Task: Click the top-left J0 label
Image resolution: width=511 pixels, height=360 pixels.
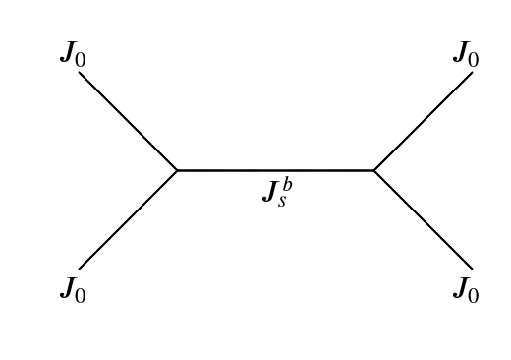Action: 72,54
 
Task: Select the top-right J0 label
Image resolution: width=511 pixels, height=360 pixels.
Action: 466,54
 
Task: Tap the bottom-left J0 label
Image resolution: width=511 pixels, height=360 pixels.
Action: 72,289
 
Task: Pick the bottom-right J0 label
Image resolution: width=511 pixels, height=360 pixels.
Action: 466,289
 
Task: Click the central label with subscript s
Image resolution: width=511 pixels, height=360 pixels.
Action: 276,191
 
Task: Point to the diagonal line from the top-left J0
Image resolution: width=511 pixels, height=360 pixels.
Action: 128,121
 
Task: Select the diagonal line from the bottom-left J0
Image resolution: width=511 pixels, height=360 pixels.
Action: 128,219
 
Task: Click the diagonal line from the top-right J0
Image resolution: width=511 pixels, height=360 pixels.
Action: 424,121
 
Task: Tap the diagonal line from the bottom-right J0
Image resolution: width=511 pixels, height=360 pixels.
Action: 424,219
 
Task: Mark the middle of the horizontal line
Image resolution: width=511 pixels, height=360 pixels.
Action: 275,170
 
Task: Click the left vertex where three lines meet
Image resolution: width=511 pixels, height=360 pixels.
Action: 177,170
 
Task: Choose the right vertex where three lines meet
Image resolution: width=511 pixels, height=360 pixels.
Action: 373,170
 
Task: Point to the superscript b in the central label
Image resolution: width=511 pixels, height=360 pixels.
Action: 287,183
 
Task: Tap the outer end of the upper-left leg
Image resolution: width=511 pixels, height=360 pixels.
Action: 80,73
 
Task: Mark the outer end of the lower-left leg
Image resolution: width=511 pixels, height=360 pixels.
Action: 80,268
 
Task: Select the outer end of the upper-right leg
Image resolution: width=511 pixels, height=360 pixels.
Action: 472,73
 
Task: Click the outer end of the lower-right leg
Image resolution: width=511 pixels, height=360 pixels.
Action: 472,268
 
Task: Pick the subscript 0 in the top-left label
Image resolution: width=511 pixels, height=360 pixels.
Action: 81,59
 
